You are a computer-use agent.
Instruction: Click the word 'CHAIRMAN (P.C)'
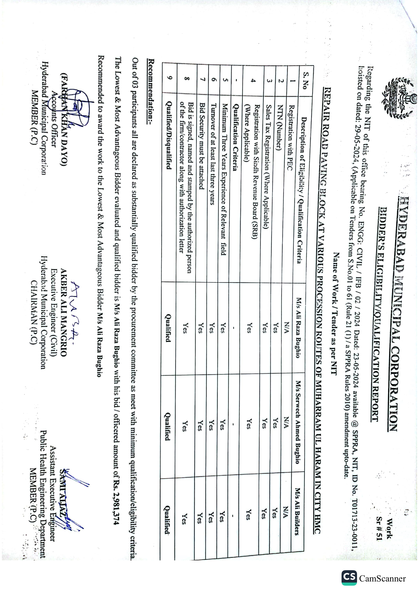(x=34, y=312)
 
